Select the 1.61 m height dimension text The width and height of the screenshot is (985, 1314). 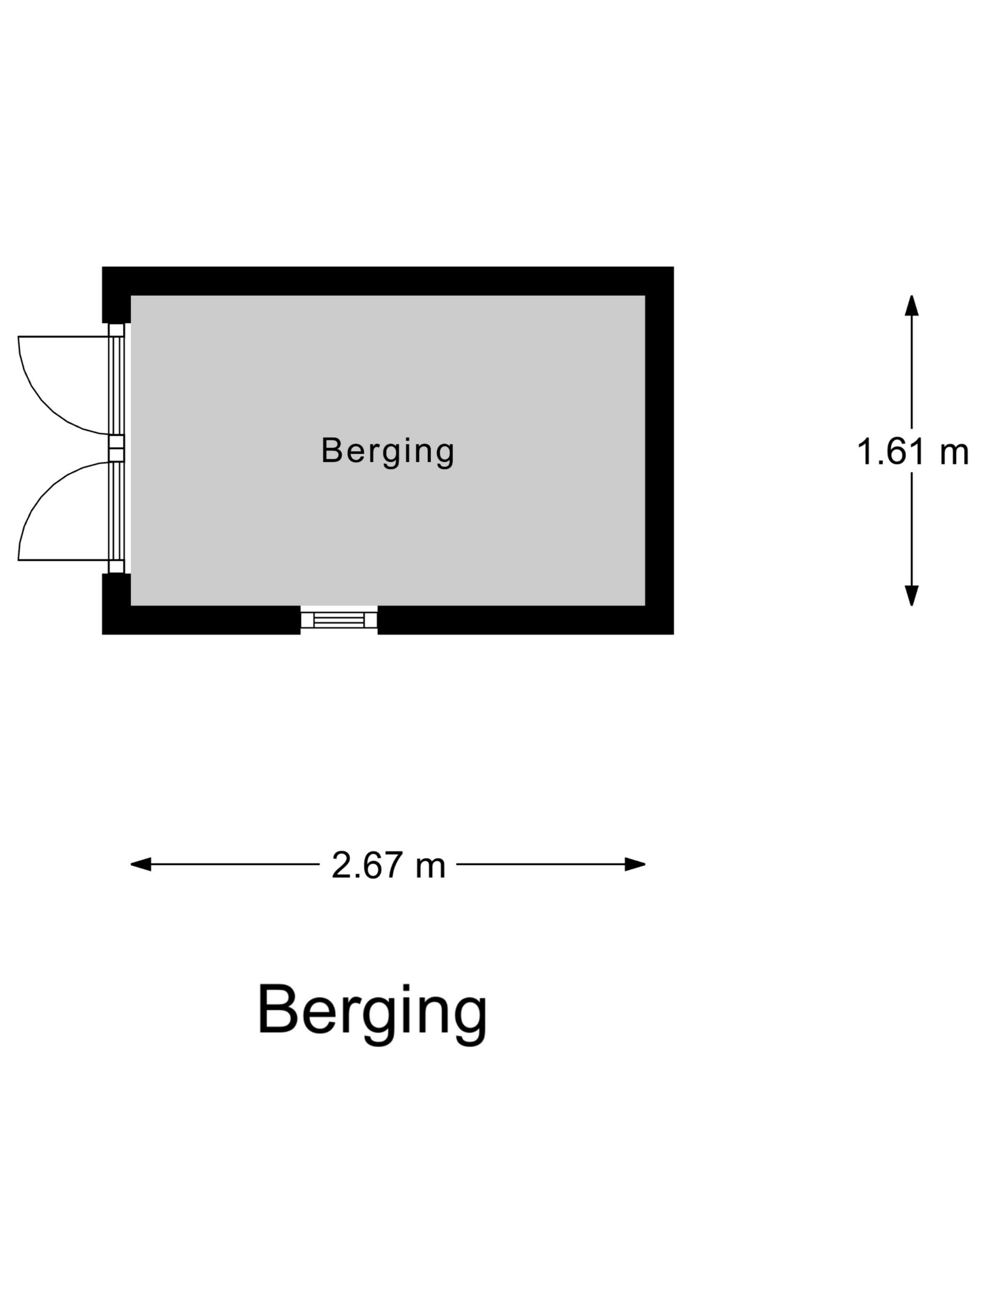point(912,451)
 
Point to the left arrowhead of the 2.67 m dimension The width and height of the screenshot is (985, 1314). point(141,864)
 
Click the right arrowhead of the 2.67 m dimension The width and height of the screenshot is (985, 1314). point(635,864)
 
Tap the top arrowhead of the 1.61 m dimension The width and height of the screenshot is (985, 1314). point(911,306)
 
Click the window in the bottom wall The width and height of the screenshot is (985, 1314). point(339,619)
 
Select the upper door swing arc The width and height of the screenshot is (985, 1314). point(63,386)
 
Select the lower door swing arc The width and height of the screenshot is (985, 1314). point(63,511)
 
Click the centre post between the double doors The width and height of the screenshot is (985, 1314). point(116,449)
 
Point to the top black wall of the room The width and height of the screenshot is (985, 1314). point(388,281)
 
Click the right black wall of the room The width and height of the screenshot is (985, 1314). point(659,450)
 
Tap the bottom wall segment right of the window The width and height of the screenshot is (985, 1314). point(525,620)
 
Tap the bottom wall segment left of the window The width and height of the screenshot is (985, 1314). point(201,620)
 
